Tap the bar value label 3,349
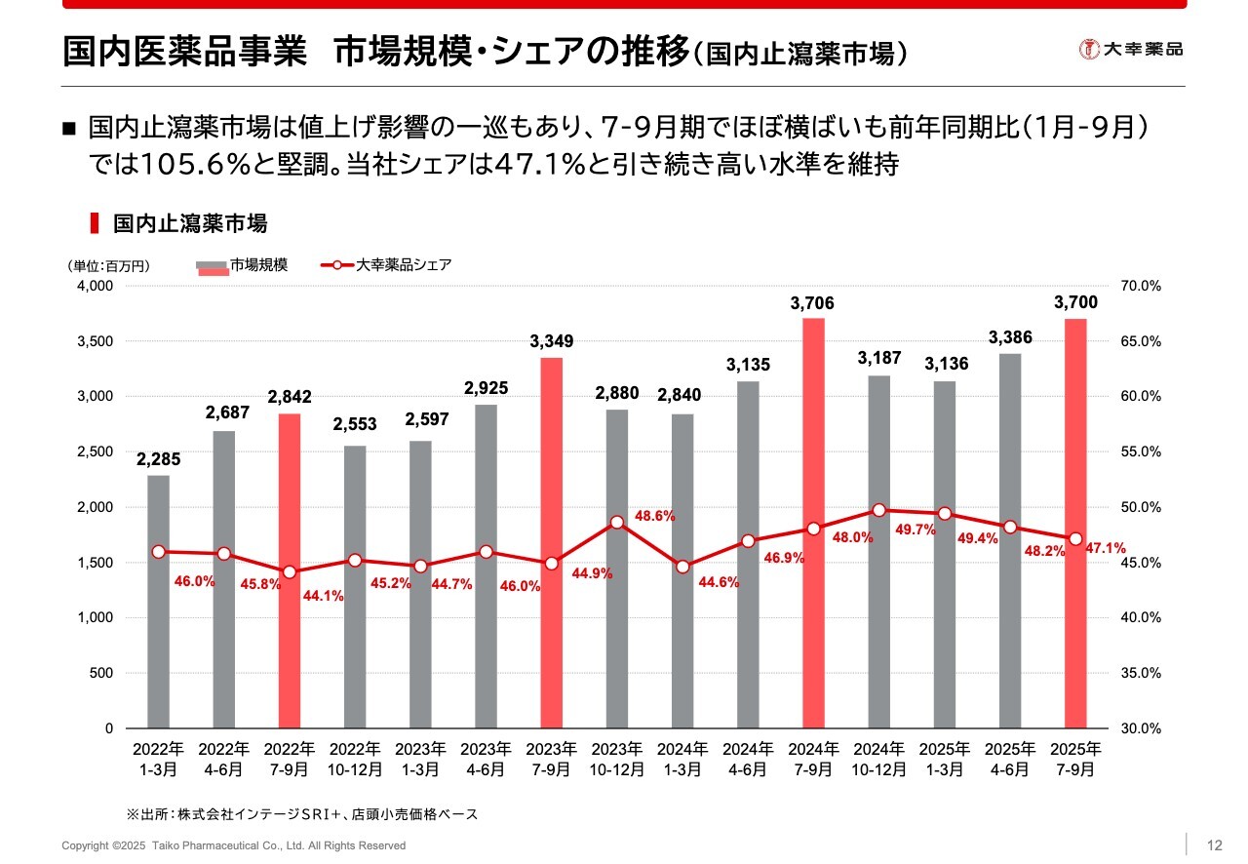pos(552,341)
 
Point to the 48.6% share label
pos(655,516)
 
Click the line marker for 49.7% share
pos(878,510)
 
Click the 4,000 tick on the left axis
pos(95,287)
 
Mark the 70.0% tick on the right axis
pos(1142,287)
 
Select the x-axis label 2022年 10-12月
pos(355,759)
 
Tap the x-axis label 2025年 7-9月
pos(1075,759)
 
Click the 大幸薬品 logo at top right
pos(1131,49)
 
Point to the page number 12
pos(1215,845)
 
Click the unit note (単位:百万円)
pos(108,265)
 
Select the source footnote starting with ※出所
pos(301,813)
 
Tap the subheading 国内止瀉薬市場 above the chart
pos(189,224)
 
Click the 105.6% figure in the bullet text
pos(184,164)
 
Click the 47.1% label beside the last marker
pos(1106,548)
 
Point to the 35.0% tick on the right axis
pos(1142,673)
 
